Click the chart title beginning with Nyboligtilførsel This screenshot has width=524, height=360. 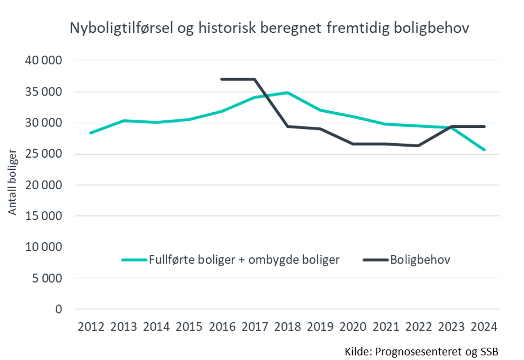(269, 28)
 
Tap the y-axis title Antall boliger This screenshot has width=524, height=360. (13, 182)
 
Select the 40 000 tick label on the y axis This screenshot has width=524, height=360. (43, 61)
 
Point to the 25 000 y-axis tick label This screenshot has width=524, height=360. (43, 154)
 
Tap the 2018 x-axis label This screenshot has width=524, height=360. (288, 326)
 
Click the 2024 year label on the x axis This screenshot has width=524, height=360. (485, 326)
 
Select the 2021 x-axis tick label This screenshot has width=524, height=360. (386, 326)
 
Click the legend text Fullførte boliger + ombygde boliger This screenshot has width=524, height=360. (244, 260)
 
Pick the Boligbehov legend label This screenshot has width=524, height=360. (420, 260)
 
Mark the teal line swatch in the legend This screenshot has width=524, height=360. (134, 260)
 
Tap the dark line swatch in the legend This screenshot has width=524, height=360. (375, 260)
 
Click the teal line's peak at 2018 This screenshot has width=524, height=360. (288, 93)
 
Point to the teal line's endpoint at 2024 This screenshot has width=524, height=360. (485, 150)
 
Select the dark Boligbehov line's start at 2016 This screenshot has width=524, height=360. (222, 79)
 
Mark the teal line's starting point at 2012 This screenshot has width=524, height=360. (90, 133)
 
